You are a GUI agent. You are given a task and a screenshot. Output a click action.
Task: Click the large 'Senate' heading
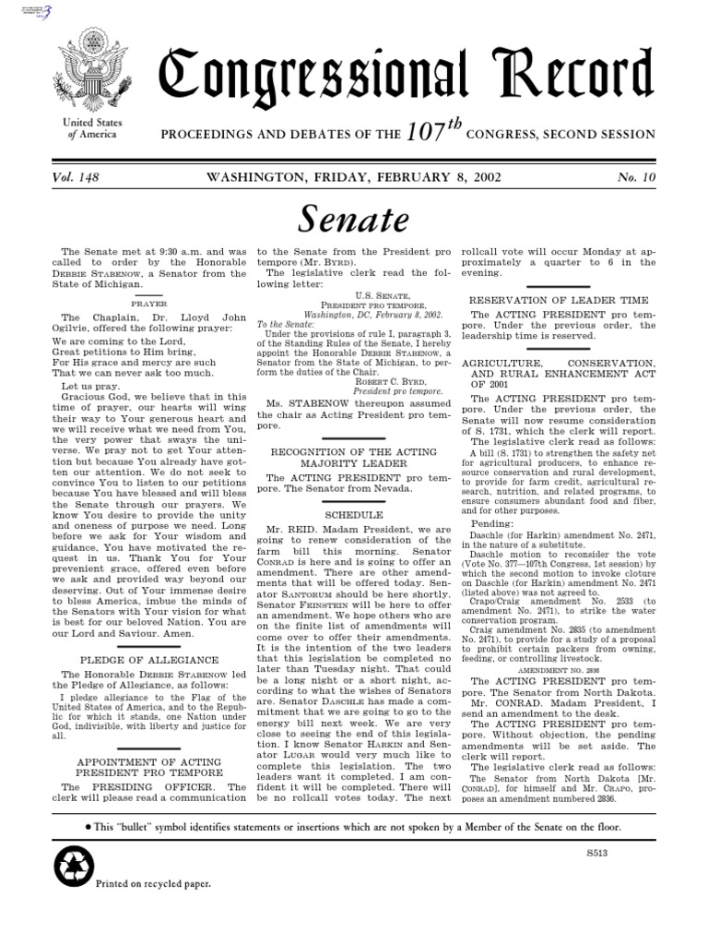tap(354, 219)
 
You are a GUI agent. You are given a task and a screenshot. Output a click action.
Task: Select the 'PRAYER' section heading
tap(148, 303)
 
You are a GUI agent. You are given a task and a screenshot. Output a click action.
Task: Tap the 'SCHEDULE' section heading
tap(353, 514)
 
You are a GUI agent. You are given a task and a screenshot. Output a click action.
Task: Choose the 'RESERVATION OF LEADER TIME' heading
tap(559, 300)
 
